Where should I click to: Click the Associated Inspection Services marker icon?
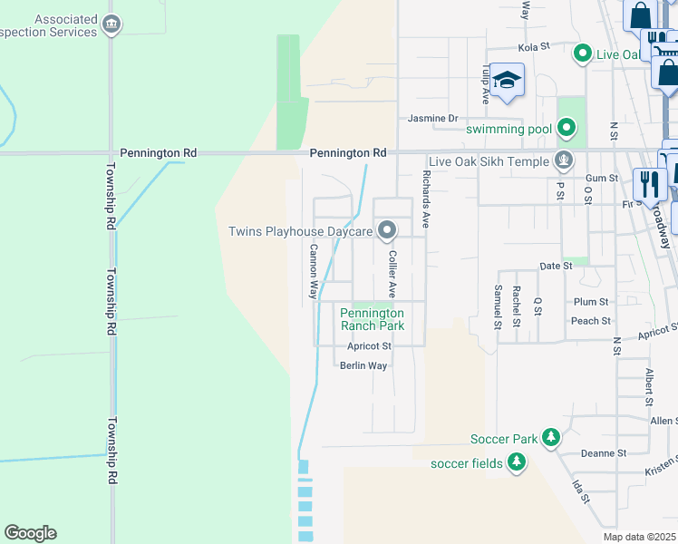pyautogui.click(x=111, y=24)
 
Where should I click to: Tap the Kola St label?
pyautogui.click(x=534, y=46)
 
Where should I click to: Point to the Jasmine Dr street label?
pyautogui.click(x=432, y=119)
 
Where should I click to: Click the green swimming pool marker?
pyautogui.click(x=567, y=129)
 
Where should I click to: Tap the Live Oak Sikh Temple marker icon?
pyautogui.click(x=564, y=161)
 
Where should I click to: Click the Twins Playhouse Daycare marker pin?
pyautogui.click(x=387, y=231)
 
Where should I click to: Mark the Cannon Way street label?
pyautogui.click(x=313, y=271)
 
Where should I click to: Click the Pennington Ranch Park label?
pyautogui.click(x=372, y=318)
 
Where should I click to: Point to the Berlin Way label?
pyautogui.click(x=363, y=365)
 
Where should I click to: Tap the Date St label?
pyautogui.click(x=556, y=267)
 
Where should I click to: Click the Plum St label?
pyautogui.click(x=590, y=302)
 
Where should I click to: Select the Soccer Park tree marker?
pyautogui.click(x=550, y=439)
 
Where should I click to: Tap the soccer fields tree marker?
pyautogui.click(x=516, y=463)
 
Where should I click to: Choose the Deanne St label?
pyautogui.click(x=604, y=453)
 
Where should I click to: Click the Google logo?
pyautogui.click(x=30, y=533)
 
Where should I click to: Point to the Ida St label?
pyautogui.click(x=580, y=493)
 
